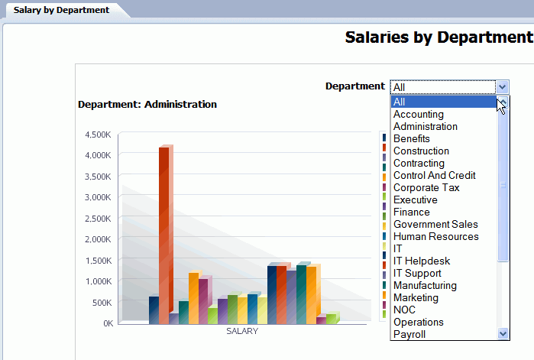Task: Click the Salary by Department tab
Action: pos(61,11)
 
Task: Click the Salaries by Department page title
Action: pos(439,37)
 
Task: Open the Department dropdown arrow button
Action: pos(502,87)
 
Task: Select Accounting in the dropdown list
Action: pos(418,115)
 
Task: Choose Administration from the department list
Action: pos(425,127)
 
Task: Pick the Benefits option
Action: pos(411,139)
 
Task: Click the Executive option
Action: pos(415,200)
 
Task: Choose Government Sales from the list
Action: pos(435,225)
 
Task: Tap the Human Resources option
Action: pos(435,237)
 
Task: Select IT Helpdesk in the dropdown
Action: pos(422,261)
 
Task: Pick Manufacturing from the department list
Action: pos(425,286)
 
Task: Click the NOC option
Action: pos(405,310)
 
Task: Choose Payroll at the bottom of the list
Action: pos(409,335)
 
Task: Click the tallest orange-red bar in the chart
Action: pos(163,229)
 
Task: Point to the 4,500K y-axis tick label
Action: pos(98,135)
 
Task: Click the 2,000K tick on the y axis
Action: pos(98,239)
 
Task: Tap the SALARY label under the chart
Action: pos(242,332)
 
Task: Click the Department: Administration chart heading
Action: pos(147,105)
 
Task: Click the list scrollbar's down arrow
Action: pos(503,334)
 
